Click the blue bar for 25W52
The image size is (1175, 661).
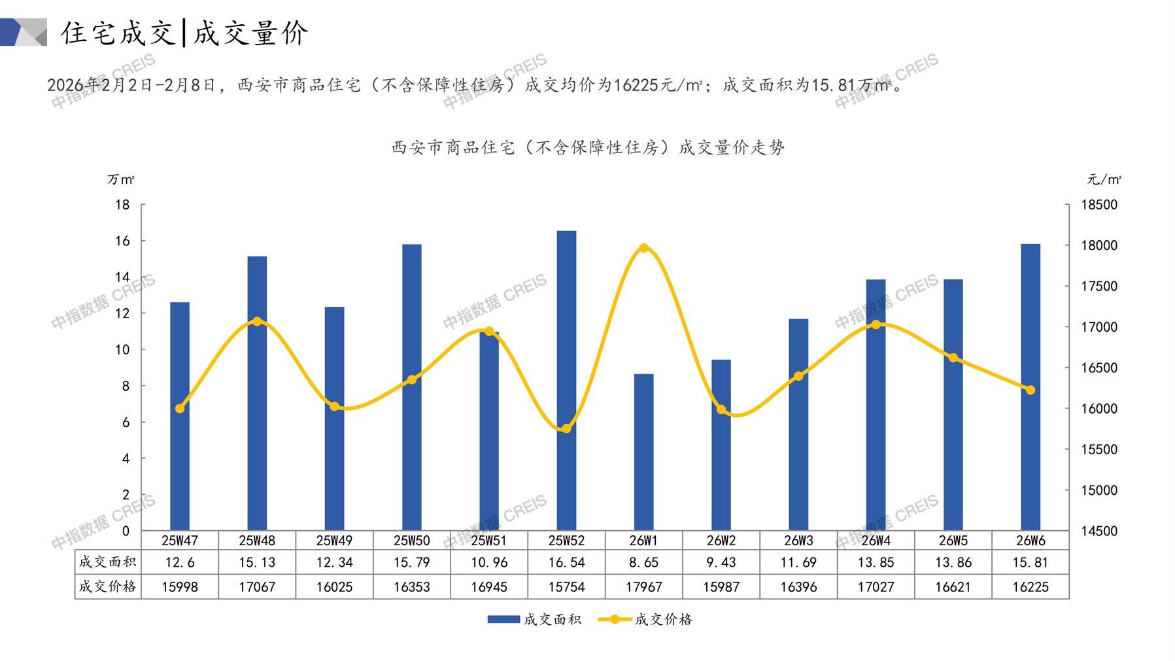566,380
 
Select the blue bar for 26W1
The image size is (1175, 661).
643,452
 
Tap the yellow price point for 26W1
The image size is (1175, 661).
643,248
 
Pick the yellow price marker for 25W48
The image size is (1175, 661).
257,321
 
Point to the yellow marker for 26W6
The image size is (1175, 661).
1030,390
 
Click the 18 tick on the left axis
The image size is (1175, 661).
122,205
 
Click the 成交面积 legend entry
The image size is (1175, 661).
534,619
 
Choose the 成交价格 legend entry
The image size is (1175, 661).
645,619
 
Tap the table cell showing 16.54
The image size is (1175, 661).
566,562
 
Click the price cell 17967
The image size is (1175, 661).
643,587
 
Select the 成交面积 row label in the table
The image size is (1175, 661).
107,562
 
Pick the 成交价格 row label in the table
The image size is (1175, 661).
107,587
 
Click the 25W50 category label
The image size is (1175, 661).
411,541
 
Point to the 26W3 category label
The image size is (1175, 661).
798,541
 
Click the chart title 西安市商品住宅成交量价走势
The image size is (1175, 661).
588,148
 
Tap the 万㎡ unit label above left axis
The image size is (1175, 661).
121,179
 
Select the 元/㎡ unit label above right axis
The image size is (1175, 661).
1104,179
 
